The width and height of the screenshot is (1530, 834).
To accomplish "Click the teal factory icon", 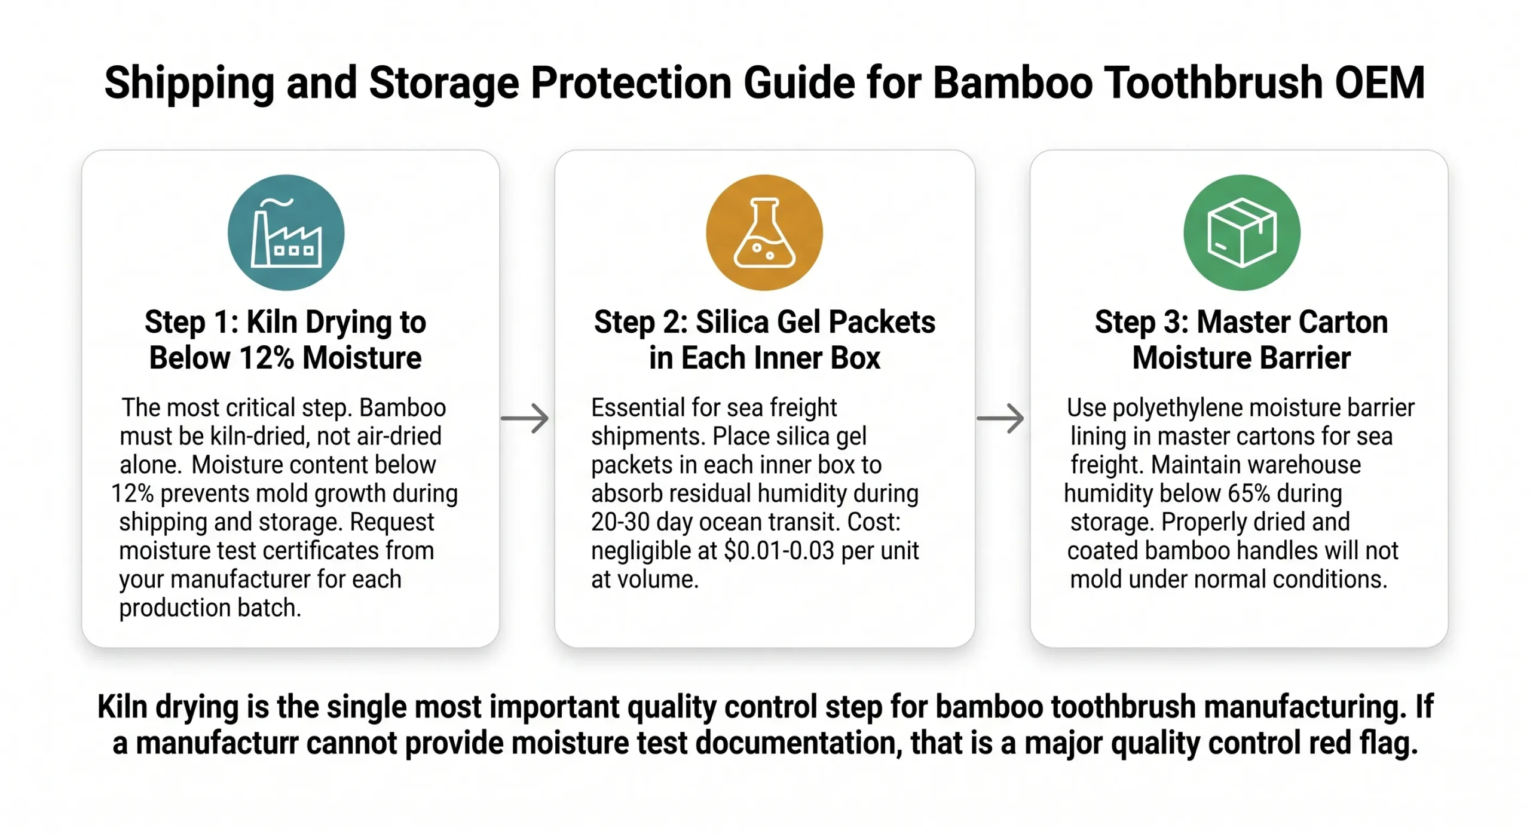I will point(286,232).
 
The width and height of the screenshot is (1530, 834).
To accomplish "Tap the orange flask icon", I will point(764,232).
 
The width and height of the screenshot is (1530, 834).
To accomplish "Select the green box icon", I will point(1241,232).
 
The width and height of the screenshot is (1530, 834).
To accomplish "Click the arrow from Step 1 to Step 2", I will point(525,418).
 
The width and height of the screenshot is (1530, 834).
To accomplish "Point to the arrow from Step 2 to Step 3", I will point(1000,418).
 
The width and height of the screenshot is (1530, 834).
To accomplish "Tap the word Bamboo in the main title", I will point(1012,82).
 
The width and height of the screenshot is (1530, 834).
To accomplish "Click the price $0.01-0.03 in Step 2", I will point(778,551).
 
